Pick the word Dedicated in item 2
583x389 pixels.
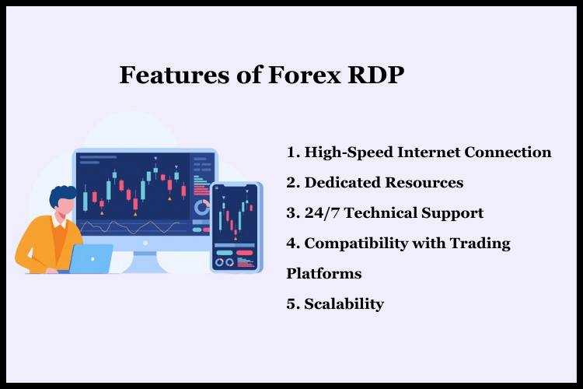click(340, 183)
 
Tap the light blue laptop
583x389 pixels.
click(91, 258)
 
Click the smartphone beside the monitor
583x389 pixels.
click(235, 226)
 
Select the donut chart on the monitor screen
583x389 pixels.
click(202, 208)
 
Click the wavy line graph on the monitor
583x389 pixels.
click(132, 226)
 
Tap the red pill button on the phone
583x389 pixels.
click(244, 252)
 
